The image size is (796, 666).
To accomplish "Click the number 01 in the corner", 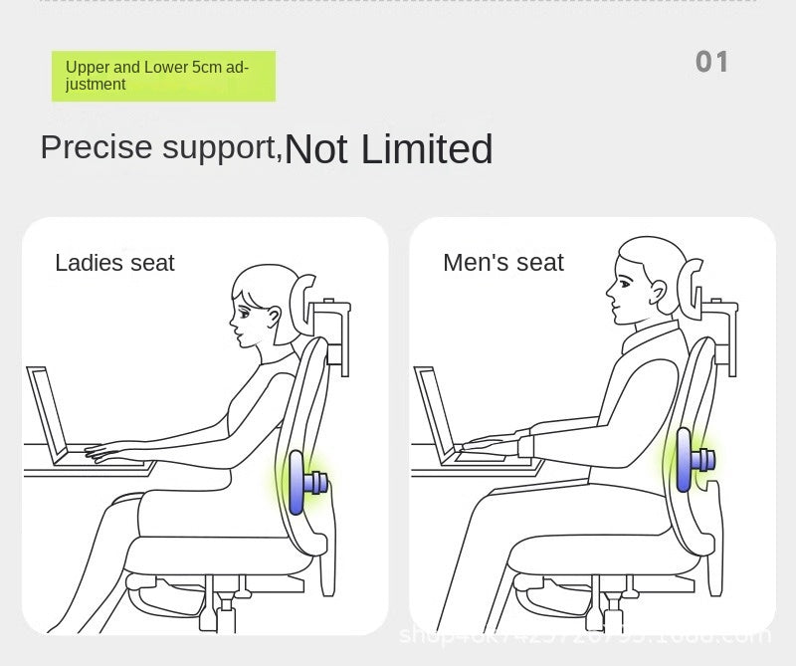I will [711, 62].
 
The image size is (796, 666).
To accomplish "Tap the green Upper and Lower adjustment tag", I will [163, 77].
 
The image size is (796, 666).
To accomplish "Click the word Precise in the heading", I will [97, 147].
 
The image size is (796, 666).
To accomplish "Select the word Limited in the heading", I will [427, 149].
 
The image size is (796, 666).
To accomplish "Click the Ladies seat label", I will [114, 263].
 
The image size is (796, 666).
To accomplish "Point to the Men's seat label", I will [502, 263].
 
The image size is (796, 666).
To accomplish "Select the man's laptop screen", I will [433, 411].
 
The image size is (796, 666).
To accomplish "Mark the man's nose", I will [610, 290].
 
